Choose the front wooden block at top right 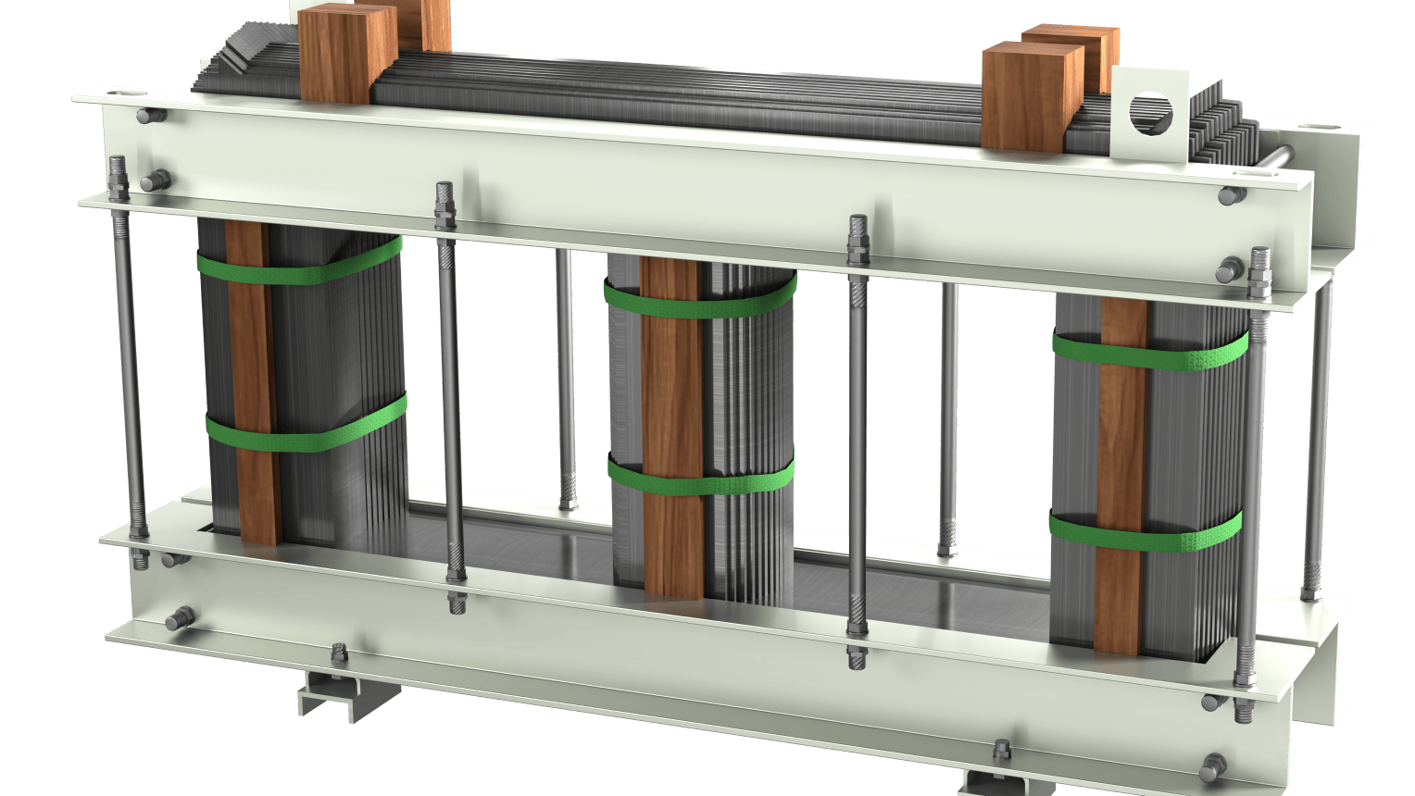(x=1031, y=97)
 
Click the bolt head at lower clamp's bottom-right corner (x=1212, y=766)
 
